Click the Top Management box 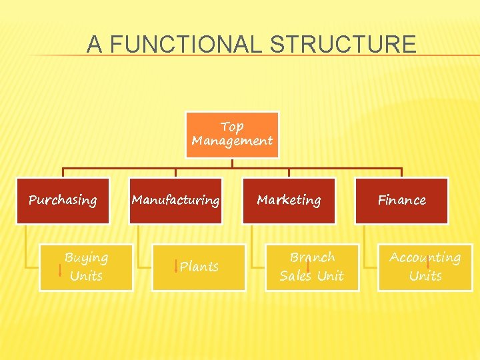pos(232,135)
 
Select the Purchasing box pos(63,200)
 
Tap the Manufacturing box pos(175,200)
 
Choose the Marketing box pos(289,200)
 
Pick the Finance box pos(401,200)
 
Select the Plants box pos(199,267)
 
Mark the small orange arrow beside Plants pos(175,267)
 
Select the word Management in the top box pos(232,141)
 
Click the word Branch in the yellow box pos(312,257)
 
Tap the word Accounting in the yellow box pos(425,257)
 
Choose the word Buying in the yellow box pos(87,257)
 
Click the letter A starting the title pos(95,45)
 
